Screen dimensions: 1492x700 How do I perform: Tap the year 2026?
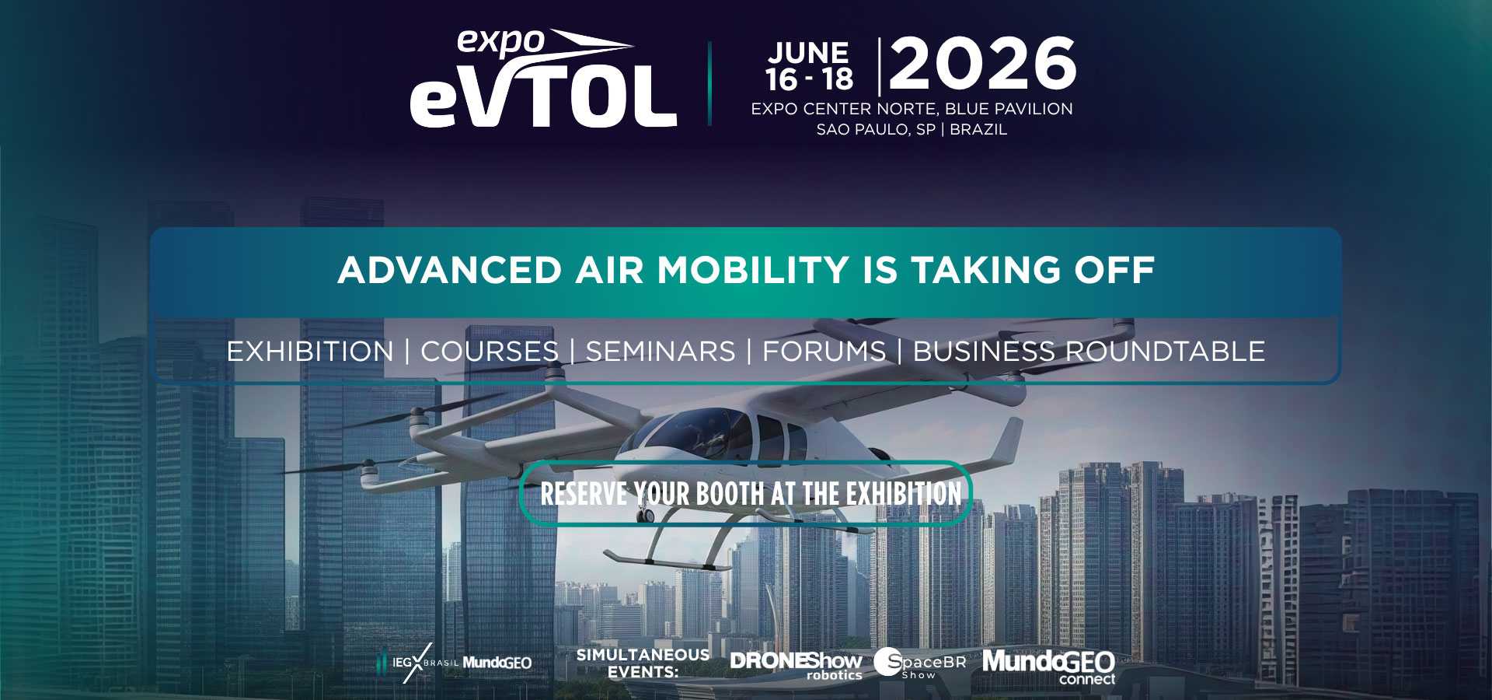tap(983, 64)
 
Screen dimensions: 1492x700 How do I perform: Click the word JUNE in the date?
tap(809, 53)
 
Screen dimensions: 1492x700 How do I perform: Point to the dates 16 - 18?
tap(809, 79)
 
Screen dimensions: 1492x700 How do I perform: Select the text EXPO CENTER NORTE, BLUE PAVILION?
tap(912, 109)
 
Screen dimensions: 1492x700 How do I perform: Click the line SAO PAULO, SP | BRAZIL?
tap(912, 130)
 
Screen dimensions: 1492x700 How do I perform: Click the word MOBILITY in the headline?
tap(753, 271)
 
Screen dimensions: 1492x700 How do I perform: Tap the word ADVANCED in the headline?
tap(450, 271)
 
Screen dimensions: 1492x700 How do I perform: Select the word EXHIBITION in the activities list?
tap(310, 352)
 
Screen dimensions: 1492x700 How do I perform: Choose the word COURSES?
tap(490, 352)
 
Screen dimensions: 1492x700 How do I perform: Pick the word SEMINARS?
tap(661, 352)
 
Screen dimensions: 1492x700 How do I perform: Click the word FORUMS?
tap(824, 352)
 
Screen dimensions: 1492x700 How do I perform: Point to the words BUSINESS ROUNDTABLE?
tap(1089, 352)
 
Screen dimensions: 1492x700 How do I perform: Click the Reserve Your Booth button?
tap(746, 494)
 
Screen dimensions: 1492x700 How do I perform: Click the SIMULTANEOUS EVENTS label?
tap(643, 663)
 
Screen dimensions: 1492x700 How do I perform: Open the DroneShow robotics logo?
tap(796, 665)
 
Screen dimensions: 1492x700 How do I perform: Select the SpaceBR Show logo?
tap(920, 663)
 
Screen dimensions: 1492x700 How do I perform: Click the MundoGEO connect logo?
tap(1048, 667)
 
